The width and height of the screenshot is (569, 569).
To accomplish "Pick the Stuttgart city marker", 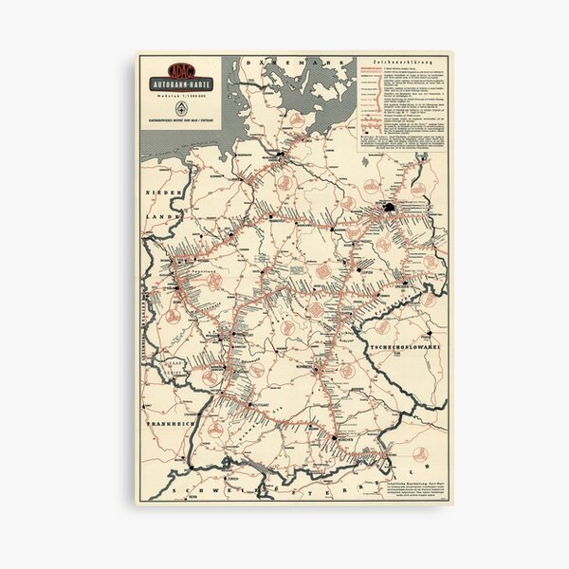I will (250, 404).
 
